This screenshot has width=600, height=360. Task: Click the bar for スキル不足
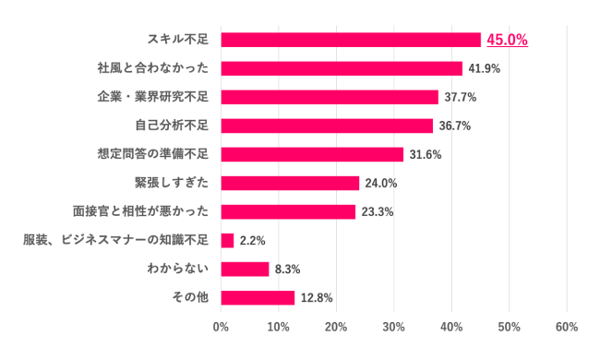(351, 40)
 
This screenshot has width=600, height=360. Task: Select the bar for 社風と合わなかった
(342, 68)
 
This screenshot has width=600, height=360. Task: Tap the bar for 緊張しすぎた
(290, 183)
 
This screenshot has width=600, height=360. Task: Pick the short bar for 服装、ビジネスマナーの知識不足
(228, 240)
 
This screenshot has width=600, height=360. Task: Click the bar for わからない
(246, 269)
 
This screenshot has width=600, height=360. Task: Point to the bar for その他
(258, 297)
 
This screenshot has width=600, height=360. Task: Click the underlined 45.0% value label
(507, 40)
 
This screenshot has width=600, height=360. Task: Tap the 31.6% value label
(425, 154)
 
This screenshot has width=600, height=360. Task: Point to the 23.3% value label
(377, 211)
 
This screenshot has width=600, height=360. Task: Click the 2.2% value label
(252, 240)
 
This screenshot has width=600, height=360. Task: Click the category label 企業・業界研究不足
(153, 97)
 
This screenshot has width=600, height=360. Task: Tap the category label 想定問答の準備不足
(153, 154)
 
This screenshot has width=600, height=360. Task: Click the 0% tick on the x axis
(222, 327)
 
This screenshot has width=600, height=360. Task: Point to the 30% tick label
(394, 327)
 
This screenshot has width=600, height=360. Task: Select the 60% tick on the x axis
(567, 327)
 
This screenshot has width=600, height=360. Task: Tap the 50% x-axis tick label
(510, 327)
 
